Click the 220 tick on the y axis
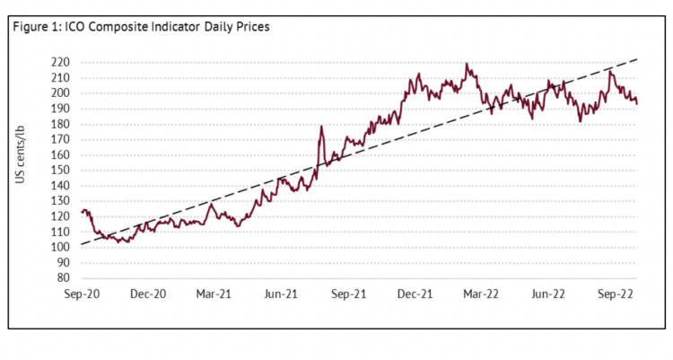coord(61,63)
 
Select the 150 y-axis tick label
coord(61,171)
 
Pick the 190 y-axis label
coord(61,109)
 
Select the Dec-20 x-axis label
coord(148,294)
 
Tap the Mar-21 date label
coord(214,294)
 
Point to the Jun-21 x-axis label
coord(281,294)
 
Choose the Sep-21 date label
coord(348,294)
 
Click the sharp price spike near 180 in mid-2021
coord(320,127)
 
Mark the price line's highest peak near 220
coord(467,64)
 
